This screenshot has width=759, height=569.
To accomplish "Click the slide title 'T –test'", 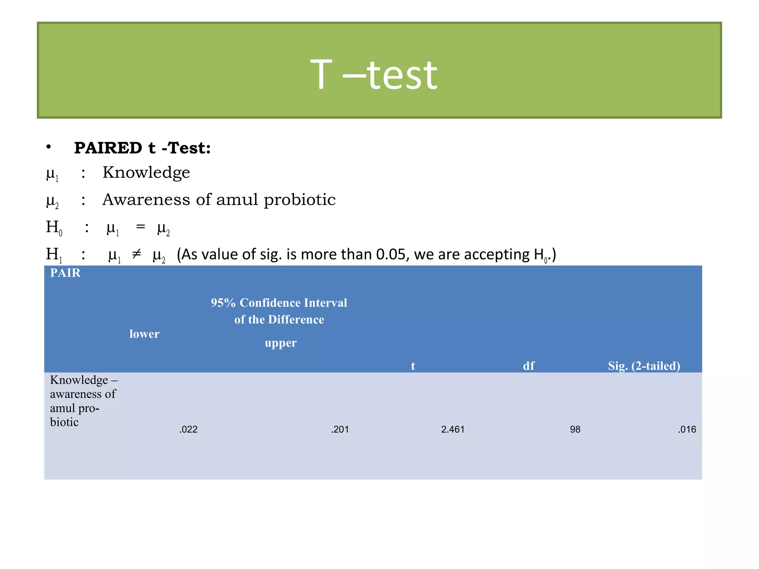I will tap(374, 75).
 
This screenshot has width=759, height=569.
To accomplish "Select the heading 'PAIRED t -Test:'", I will tap(142, 148).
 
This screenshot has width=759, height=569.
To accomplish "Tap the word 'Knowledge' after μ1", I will tap(146, 172).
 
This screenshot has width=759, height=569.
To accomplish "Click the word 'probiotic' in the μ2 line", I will tap(299, 200).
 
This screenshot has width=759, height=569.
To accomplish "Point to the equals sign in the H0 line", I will tap(140, 226).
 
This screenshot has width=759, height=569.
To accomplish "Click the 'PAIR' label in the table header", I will tap(65, 273).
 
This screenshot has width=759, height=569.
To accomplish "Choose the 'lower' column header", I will tap(144, 334).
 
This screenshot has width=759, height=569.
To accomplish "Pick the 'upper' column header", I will tap(281, 343).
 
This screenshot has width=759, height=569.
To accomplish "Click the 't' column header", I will tap(413, 366).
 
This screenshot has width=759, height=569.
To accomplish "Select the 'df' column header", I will tap(528, 366).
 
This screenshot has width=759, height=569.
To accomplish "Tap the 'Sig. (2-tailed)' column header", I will tap(644, 366).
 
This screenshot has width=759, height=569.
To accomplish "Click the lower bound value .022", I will tap(188, 429).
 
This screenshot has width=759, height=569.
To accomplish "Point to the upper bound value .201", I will tap(340, 429).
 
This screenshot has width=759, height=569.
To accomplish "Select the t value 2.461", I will tap(453, 429).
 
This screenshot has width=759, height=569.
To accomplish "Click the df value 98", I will tap(575, 429).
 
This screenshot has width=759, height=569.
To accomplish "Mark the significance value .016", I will tap(687, 429).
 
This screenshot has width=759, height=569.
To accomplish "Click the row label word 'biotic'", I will tap(64, 422).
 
